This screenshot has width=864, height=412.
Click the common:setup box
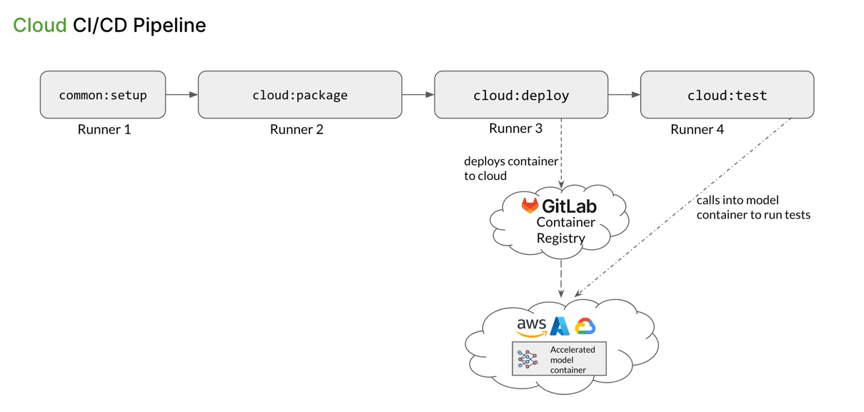[x=103, y=95]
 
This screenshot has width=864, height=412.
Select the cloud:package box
[x=299, y=95]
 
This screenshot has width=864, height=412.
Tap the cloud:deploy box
[x=521, y=95]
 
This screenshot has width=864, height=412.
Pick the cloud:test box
[x=727, y=95]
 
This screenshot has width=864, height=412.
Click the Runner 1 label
[x=104, y=130]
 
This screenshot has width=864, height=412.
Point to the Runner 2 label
[x=297, y=130]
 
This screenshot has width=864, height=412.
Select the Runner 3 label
[x=515, y=129]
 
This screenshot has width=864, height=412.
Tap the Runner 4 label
[x=697, y=130]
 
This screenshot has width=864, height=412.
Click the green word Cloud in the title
[x=40, y=26]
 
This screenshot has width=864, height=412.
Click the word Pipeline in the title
[x=169, y=26]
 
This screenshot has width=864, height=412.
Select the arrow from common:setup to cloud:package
[x=182, y=94]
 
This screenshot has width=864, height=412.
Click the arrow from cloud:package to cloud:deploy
[x=418, y=94]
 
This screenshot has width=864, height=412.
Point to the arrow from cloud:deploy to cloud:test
[x=624, y=94]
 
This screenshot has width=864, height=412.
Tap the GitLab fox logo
[x=530, y=206]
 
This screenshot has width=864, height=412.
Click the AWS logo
[x=532, y=327]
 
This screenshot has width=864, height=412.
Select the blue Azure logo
[x=560, y=326]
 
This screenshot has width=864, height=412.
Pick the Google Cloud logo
[x=585, y=326]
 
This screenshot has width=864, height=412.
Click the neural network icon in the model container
[x=528, y=359]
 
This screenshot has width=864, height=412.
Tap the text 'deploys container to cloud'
[x=510, y=169]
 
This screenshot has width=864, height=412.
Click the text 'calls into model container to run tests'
[x=753, y=207]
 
